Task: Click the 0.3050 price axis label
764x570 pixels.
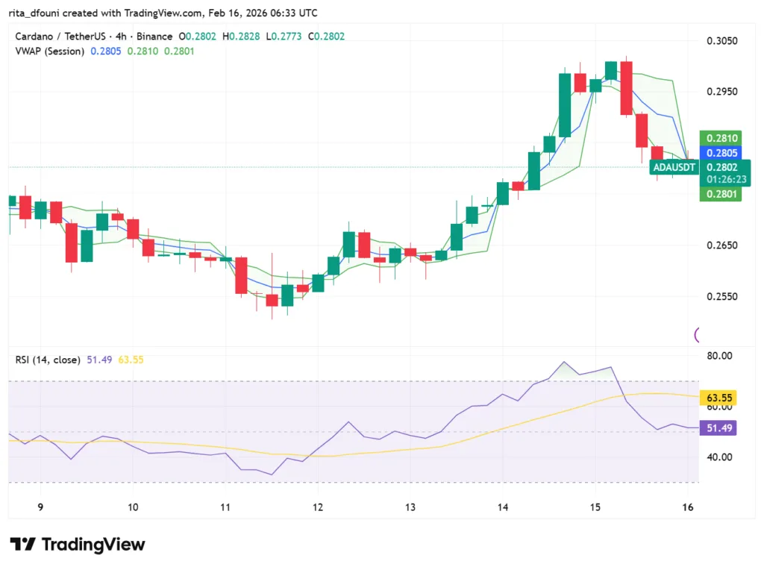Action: point(721,41)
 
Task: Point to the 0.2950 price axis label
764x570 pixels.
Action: point(721,92)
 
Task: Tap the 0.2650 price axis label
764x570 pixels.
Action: point(721,245)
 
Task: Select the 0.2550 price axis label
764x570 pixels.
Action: point(721,296)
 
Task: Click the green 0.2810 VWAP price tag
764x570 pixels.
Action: point(720,138)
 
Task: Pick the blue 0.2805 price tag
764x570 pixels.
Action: point(720,153)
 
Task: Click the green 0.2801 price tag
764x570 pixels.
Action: point(720,195)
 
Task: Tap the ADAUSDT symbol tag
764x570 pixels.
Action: point(674,167)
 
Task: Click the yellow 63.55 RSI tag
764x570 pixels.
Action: point(721,398)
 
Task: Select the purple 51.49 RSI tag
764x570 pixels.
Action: point(721,428)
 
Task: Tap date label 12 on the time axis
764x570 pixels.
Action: point(317,507)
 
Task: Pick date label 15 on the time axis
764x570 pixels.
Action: point(595,507)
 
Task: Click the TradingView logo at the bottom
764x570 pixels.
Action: point(78,545)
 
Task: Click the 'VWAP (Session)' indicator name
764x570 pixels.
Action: point(49,51)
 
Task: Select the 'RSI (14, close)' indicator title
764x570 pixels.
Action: point(48,360)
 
